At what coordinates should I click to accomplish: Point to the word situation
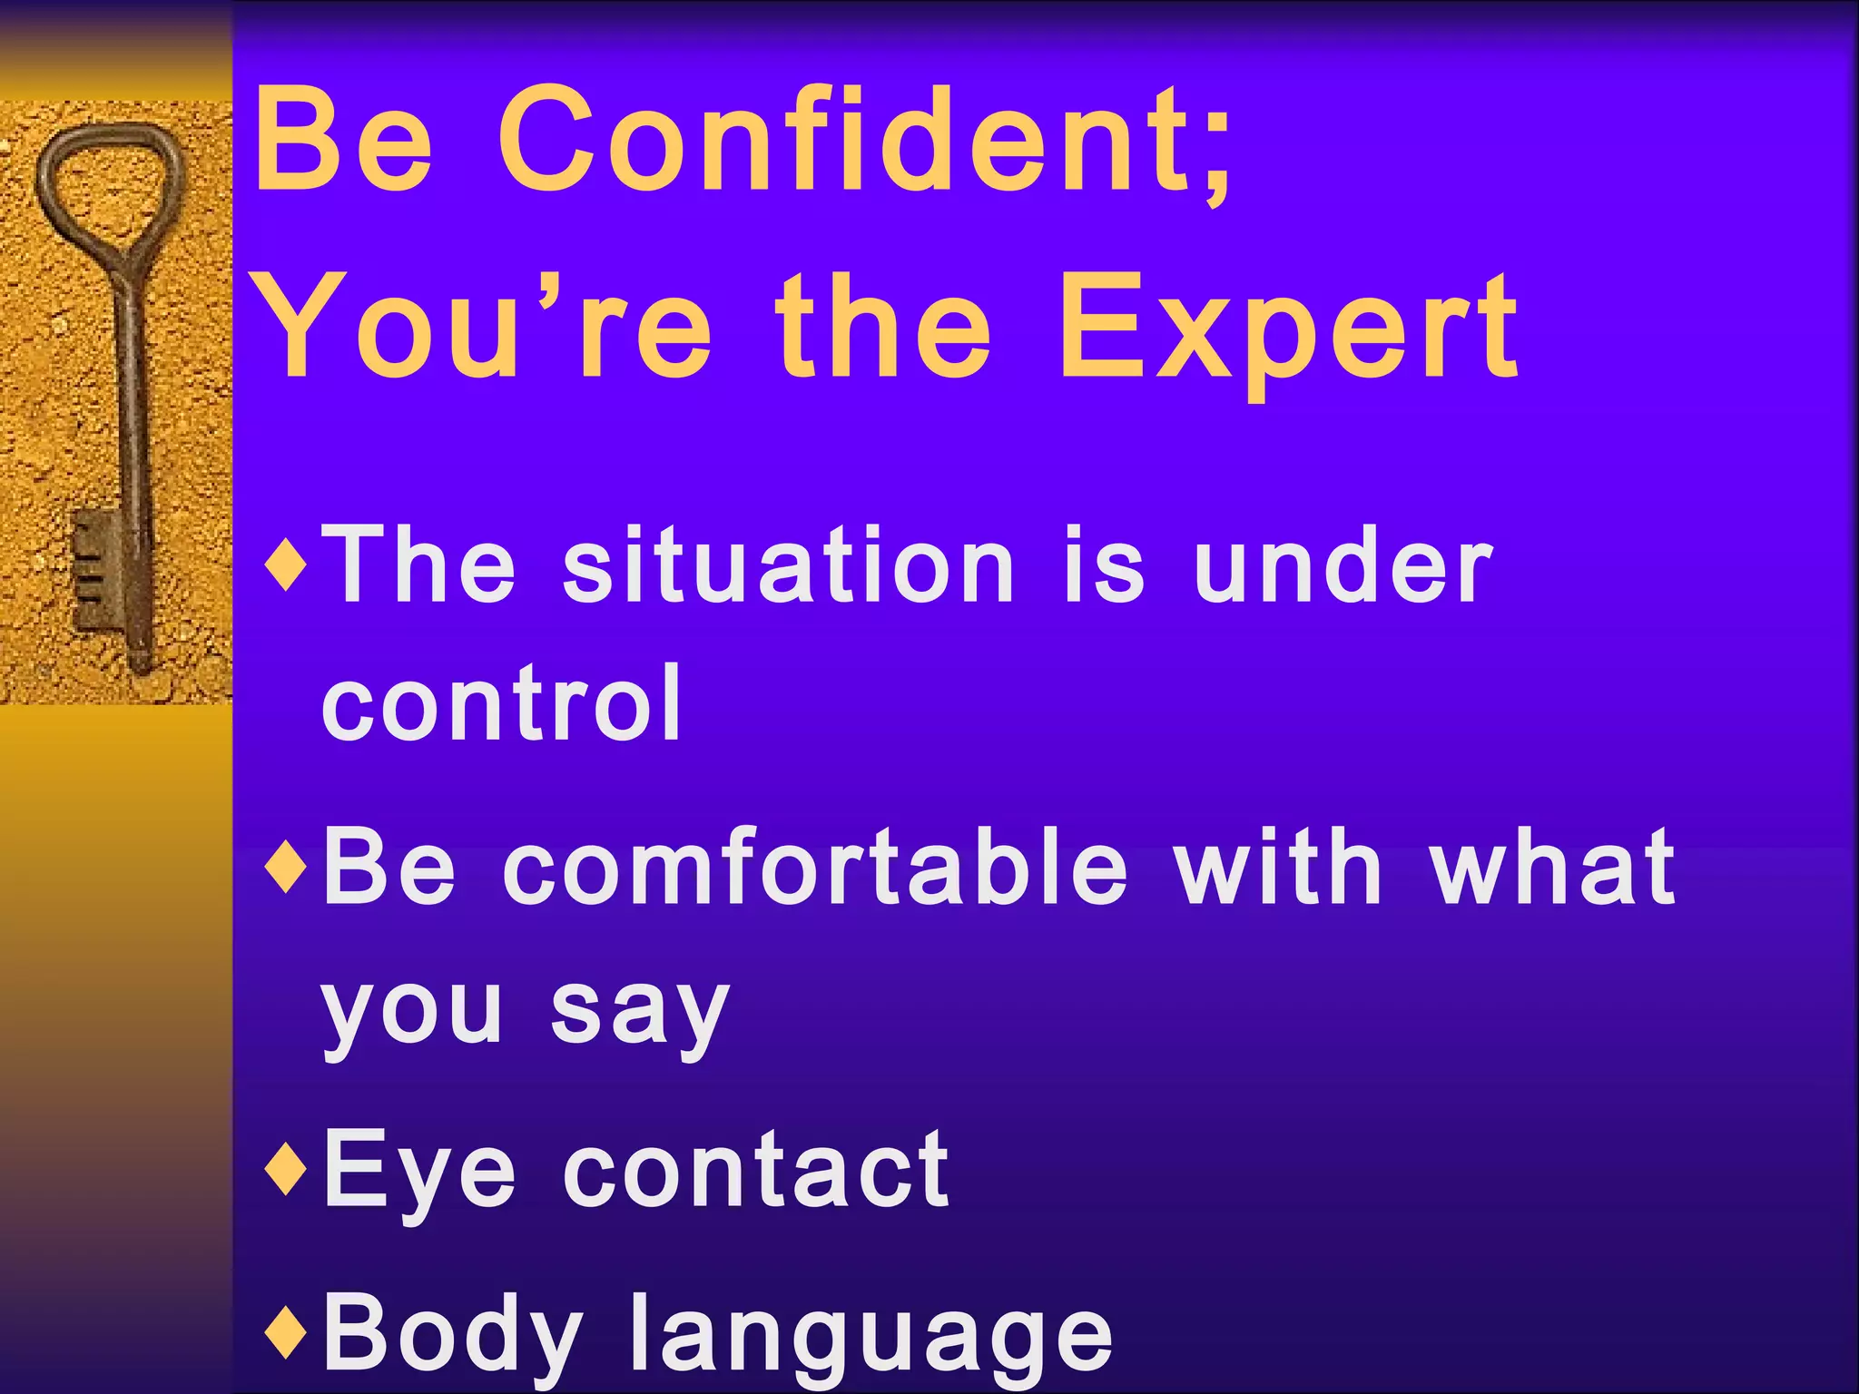click(788, 566)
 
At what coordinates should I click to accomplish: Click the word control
click(501, 703)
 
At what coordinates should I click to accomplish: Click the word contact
click(755, 1171)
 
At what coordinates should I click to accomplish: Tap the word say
click(639, 1012)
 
